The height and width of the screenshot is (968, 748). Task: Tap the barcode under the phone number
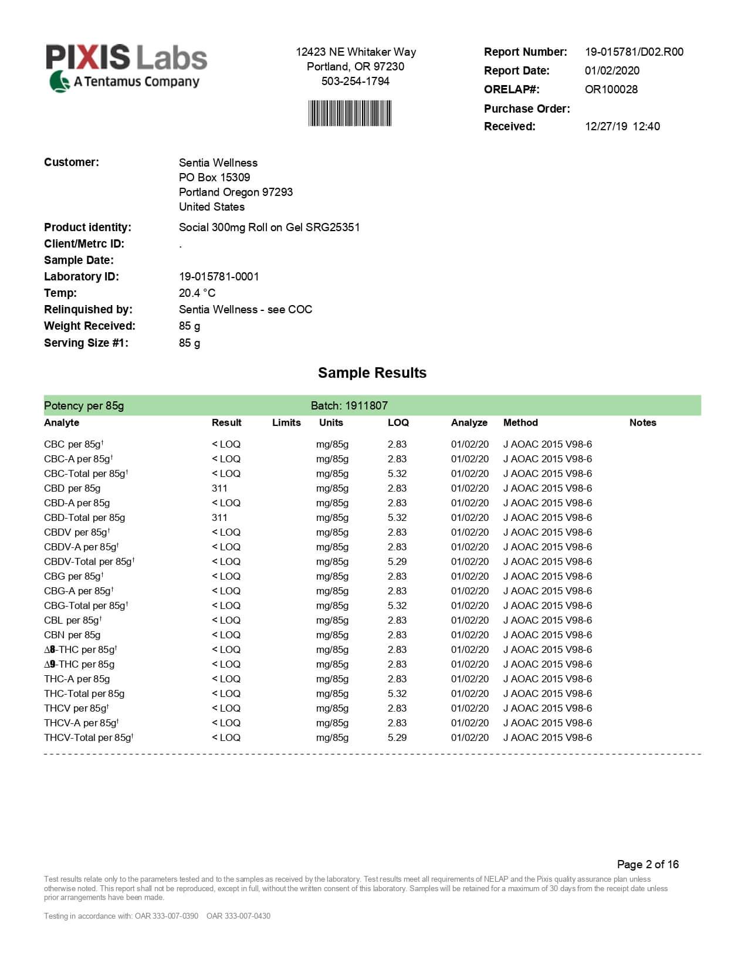(350, 113)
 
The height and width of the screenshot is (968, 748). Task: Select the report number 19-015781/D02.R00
(634, 52)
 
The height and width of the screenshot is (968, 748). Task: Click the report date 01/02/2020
(612, 70)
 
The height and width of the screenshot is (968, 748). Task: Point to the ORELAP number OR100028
(611, 89)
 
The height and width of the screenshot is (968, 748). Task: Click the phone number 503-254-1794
(355, 81)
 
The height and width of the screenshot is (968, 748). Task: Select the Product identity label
(87, 227)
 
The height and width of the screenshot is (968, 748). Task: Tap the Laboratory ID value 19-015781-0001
(219, 276)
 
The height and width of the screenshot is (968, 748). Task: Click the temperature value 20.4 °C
(197, 293)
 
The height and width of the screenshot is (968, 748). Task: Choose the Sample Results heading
(372, 373)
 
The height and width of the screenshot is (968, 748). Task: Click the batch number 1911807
(366, 405)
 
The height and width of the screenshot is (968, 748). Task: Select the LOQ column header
(398, 422)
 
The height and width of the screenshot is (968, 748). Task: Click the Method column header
(520, 422)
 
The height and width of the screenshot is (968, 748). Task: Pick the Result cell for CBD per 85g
(219, 488)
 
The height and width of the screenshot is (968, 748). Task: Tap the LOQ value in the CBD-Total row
(397, 517)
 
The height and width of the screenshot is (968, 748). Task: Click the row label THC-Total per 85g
(84, 693)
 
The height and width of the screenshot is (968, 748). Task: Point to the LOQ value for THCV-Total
(397, 737)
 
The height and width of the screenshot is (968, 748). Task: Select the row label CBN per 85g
(72, 635)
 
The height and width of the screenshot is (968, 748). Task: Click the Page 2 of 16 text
(648, 864)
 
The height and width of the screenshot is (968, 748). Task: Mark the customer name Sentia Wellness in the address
(218, 163)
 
